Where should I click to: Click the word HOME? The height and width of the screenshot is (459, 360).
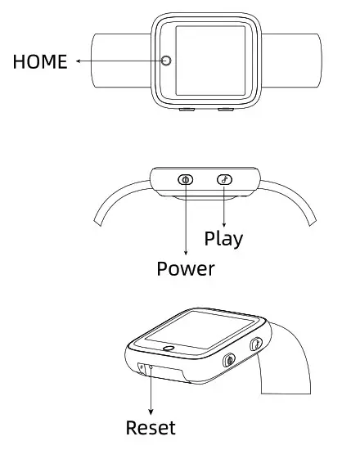point(40,61)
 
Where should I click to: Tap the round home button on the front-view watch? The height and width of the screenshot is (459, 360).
point(167,61)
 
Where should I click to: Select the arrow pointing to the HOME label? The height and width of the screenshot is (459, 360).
point(115,61)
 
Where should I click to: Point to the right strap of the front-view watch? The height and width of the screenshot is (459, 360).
point(290,60)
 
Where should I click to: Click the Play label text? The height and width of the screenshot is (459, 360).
point(223,238)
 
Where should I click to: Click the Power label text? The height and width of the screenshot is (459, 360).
point(186,268)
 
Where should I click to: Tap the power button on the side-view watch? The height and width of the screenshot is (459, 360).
point(186,179)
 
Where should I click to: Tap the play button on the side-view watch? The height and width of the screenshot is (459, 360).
point(224,179)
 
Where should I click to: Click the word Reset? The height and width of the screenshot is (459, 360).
point(151,427)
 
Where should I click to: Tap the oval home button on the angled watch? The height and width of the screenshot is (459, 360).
point(169,348)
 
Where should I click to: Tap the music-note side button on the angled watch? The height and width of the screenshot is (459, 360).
point(255,345)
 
